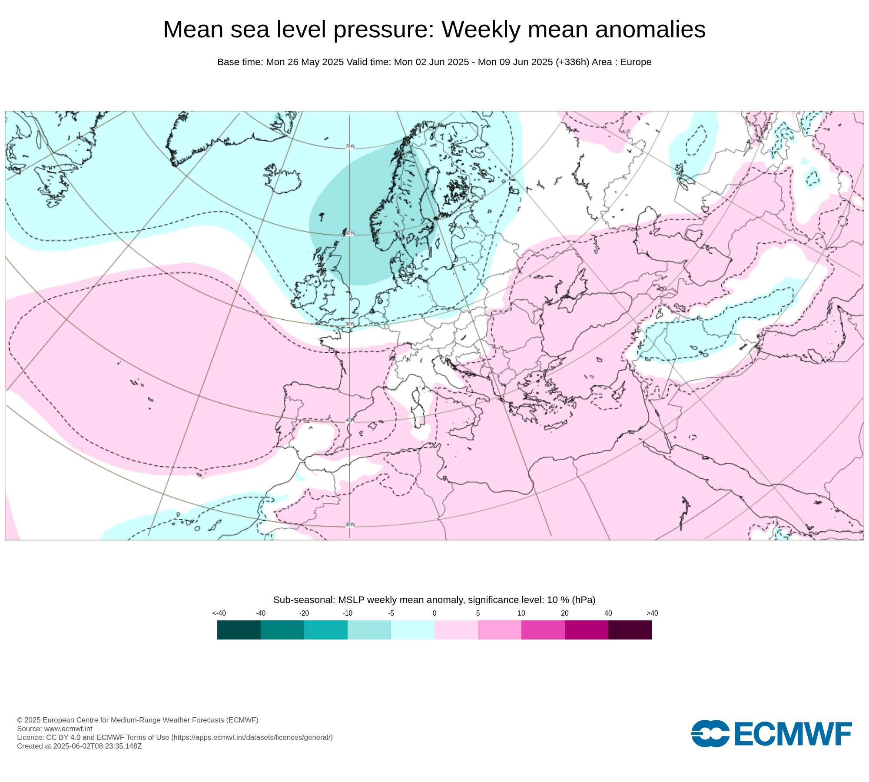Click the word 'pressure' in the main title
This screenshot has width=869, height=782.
(384, 30)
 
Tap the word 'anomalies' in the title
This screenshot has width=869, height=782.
(650, 30)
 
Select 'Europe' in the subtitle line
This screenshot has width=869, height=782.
(636, 62)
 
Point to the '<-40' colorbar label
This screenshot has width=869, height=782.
(219, 613)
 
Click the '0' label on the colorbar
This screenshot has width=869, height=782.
(434, 613)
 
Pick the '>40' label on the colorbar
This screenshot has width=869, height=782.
(652, 613)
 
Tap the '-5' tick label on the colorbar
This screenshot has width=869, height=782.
(391, 613)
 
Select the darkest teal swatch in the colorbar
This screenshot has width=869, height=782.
(239, 630)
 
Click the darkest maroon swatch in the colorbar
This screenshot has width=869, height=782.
(630, 630)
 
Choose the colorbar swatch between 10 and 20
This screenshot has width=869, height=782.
(543, 630)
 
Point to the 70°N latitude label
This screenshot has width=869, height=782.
(350, 146)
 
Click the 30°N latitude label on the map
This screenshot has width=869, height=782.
(350, 525)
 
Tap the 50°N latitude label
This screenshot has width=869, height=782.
(350, 324)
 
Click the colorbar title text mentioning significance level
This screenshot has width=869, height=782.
(434, 600)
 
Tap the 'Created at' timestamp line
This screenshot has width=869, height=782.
(80, 746)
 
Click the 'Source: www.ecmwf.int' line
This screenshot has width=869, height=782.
(55, 729)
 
